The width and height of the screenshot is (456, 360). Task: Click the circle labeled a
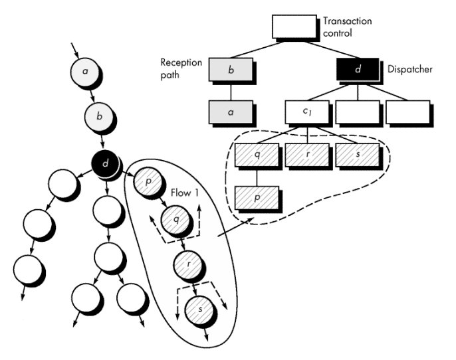pos(84,71)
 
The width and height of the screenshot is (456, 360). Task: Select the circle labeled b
pos(99,116)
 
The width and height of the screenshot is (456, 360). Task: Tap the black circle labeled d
pos(105,163)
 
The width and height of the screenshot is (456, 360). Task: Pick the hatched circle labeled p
pos(148,181)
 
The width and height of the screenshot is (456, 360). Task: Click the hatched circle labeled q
pos(176,220)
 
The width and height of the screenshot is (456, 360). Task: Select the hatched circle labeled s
pos(200,310)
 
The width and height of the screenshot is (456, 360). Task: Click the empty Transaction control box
pos(294,27)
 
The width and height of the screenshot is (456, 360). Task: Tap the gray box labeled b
pos(231,70)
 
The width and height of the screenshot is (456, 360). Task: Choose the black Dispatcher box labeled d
pos(358,69)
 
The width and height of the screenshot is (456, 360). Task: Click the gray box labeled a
pos(231,112)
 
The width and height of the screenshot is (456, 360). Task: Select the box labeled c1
pos(307,112)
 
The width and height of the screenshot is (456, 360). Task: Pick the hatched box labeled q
pos(257,155)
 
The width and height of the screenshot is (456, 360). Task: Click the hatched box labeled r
pos(307,155)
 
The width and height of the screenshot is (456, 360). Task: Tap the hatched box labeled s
pos(358,155)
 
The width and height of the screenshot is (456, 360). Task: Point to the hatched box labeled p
pos(257,197)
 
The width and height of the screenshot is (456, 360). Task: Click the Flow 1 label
pos(185,193)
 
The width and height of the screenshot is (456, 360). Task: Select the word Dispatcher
pos(410,70)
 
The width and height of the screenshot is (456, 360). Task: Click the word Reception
pos(181,62)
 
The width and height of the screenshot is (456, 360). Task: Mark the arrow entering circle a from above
pos(75,50)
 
